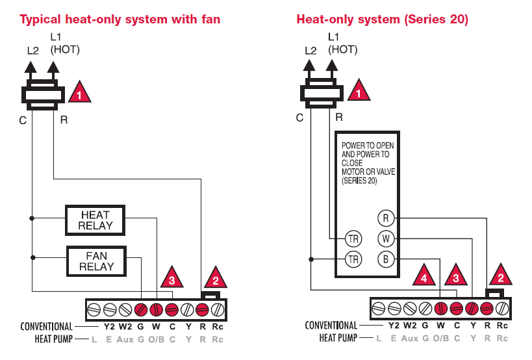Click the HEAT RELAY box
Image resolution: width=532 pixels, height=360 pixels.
click(x=95, y=220)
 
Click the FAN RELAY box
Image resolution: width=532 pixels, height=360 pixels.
click(x=96, y=261)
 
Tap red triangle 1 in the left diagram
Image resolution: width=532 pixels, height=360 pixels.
click(x=79, y=94)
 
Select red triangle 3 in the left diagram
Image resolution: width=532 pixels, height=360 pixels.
click(x=171, y=279)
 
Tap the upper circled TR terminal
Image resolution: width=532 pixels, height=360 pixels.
click(x=353, y=239)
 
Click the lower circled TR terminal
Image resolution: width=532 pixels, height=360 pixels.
click(x=353, y=260)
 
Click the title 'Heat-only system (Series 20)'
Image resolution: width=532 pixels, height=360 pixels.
click(x=382, y=19)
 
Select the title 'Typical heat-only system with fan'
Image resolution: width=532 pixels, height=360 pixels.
click(x=120, y=19)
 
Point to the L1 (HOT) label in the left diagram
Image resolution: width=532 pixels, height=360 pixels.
click(x=64, y=43)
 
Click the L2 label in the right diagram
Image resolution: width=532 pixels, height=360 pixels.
click(x=310, y=50)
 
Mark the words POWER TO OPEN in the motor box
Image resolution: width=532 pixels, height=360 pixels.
click(x=368, y=146)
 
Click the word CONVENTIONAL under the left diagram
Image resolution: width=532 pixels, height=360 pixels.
click(x=46, y=326)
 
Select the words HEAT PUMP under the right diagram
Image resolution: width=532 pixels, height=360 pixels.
click(x=338, y=338)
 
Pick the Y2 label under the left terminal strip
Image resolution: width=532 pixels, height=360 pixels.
click(x=110, y=326)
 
